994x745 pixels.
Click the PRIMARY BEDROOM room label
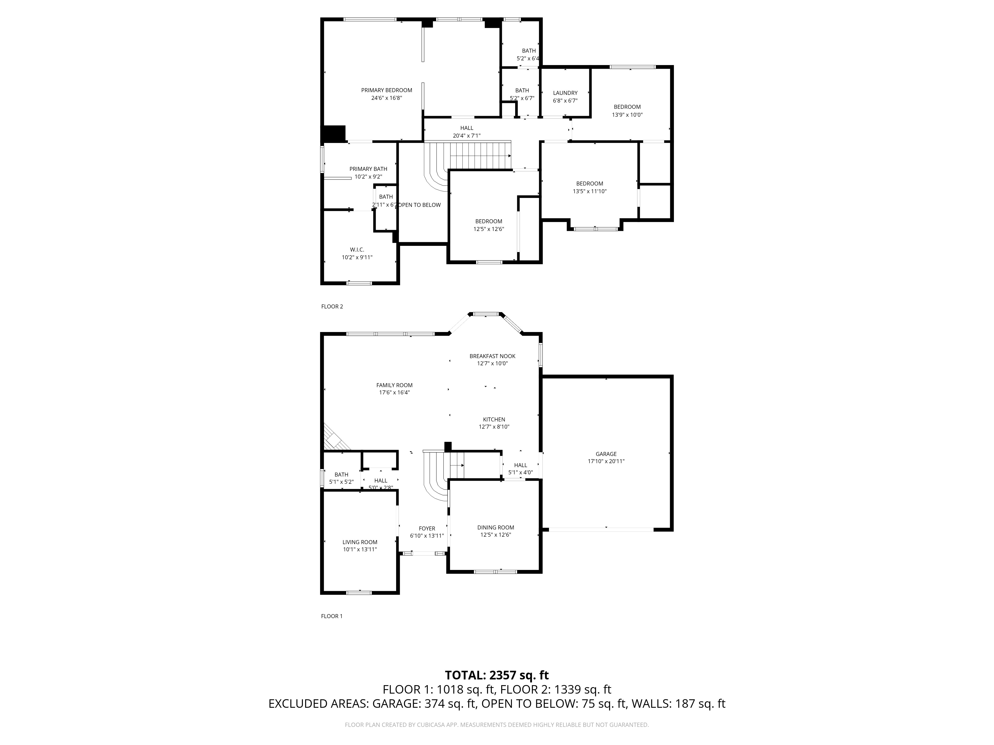[386, 90]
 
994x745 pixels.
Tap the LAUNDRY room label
[565, 93]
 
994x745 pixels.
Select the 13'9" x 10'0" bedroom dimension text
[627, 114]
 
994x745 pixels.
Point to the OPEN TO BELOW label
[420, 205]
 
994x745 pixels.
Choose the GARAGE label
[606, 454]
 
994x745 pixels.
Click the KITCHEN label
[494, 419]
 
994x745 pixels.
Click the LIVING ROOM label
[360, 542]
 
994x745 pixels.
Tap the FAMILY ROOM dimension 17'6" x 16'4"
[394, 392]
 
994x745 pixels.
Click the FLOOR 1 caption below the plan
[332, 616]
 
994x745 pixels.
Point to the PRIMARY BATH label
[368, 169]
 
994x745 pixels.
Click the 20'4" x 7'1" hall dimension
[466, 136]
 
